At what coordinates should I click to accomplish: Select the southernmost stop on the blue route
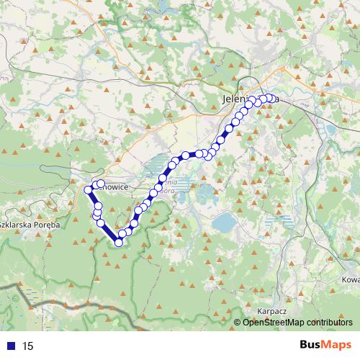(x=119, y=242)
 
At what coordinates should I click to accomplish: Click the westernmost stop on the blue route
(x=89, y=190)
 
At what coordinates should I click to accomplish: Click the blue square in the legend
(x=11, y=346)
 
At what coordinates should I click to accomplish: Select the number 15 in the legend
(x=28, y=346)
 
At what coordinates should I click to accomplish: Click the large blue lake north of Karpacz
(x=223, y=222)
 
